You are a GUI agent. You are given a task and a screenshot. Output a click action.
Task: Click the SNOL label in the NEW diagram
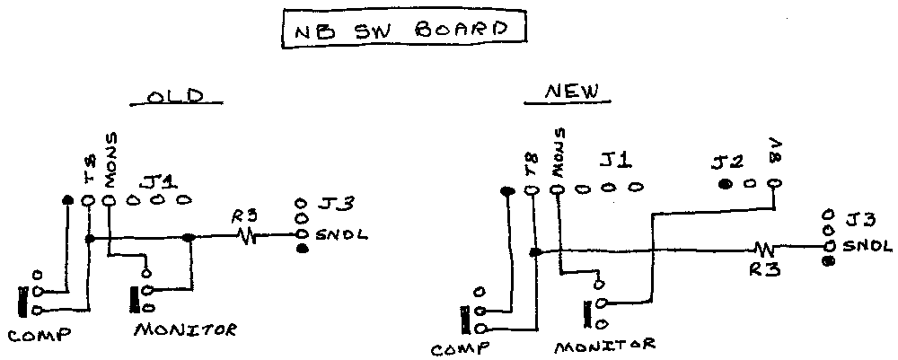[x=867, y=245]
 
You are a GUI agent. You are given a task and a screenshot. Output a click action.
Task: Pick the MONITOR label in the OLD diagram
[x=185, y=329]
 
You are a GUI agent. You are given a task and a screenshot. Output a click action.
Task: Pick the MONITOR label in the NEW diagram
[x=604, y=344]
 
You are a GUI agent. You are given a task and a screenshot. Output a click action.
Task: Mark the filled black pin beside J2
[x=725, y=185]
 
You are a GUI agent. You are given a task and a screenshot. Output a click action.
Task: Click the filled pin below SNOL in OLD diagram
[x=303, y=249]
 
